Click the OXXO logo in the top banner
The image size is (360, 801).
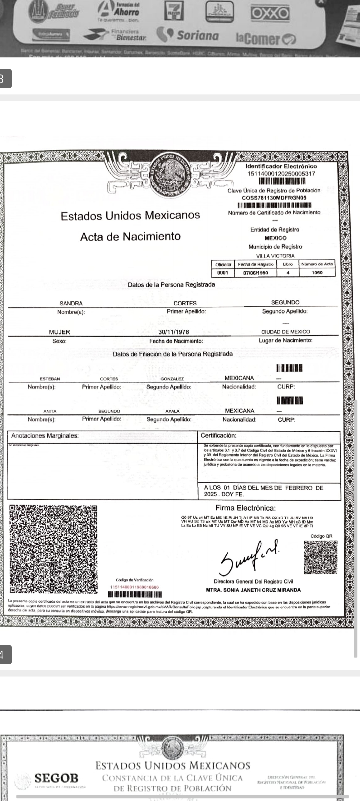(270, 14)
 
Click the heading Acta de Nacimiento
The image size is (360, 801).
(130, 236)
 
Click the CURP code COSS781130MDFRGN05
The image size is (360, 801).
(274, 198)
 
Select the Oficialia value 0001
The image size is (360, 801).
(223, 273)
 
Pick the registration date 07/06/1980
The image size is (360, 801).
(256, 273)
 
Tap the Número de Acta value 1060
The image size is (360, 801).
(317, 273)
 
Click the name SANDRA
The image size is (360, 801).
(71, 303)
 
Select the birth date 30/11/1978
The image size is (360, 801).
(174, 332)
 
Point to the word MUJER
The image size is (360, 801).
(59, 332)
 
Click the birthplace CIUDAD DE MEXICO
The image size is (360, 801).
(286, 332)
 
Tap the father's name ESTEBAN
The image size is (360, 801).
(50, 379)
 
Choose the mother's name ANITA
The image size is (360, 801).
(50, 411)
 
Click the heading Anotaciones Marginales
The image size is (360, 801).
(45, 436)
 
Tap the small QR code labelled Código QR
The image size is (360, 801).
(321, 557)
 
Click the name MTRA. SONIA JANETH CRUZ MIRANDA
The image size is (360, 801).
(253, 590)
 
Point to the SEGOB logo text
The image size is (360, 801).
(57, 778)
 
